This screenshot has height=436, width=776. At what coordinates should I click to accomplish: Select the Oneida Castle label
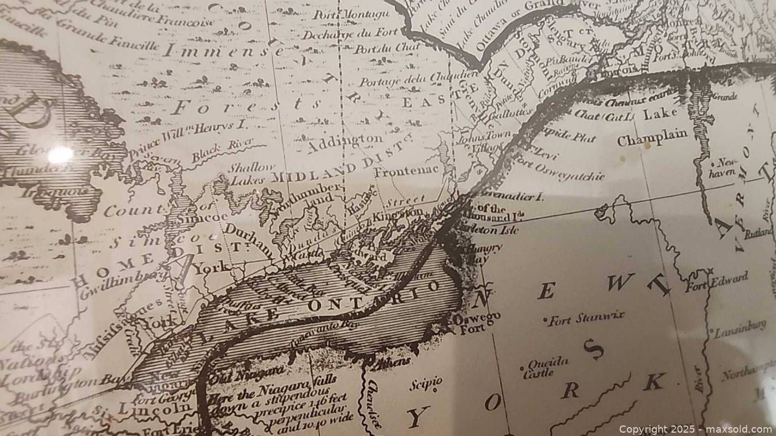click(x=547, y=367)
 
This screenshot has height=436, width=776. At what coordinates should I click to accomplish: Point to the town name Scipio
click(x=426, y=383)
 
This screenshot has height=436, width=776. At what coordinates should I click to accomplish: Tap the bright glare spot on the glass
click(x=60, y=155)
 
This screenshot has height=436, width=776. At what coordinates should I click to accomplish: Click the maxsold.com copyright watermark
click(x=695, y=429)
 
